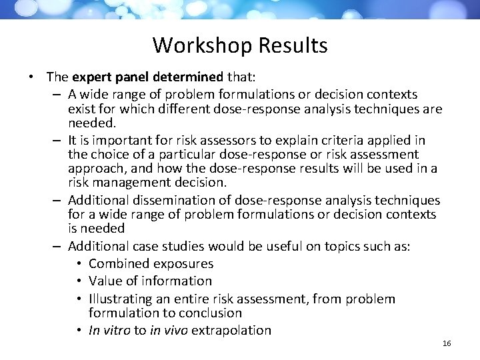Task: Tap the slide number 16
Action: click(x=447, y=343)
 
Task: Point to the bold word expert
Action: click(x=91, y=77)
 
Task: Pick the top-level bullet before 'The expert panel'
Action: click(x=32, y=77)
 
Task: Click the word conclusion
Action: click(x=209, y=313)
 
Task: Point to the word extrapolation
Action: click(x=231, y=330)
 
